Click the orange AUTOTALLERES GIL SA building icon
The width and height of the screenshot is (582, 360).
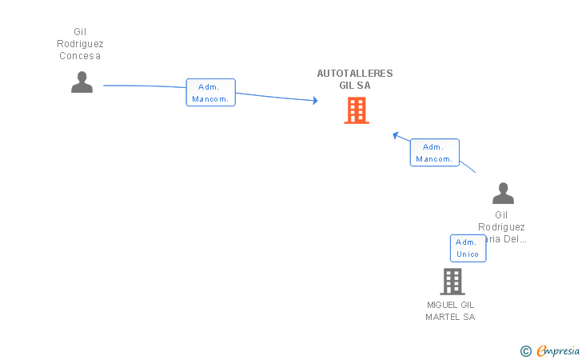tap(357, 110)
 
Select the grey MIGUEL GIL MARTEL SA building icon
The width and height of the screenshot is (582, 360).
tap(452, 282)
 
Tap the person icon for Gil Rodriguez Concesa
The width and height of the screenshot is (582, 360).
tap(82, 82)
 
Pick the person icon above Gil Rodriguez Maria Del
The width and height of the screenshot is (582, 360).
tap(503, 194)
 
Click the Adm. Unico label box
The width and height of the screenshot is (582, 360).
tap(468, 248)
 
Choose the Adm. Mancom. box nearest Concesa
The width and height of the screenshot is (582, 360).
tap(211, 93)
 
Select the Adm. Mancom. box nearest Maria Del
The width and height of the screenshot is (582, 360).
tap(435, 153)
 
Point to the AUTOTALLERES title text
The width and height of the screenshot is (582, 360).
tap(355, 74)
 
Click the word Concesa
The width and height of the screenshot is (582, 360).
tap(80, 56)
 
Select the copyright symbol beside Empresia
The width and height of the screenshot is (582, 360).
tap(526, 350)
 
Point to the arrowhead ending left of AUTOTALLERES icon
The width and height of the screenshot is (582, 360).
tap(315, 100)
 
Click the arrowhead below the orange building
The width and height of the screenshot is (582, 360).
tap(395, 134)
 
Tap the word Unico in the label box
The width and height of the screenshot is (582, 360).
tap(468, 254)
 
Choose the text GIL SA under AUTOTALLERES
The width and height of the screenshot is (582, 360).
tap(355, 86)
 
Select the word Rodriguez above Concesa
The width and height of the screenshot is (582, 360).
tap(80, 44)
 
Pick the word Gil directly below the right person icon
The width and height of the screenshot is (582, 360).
tap(501, 214)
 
